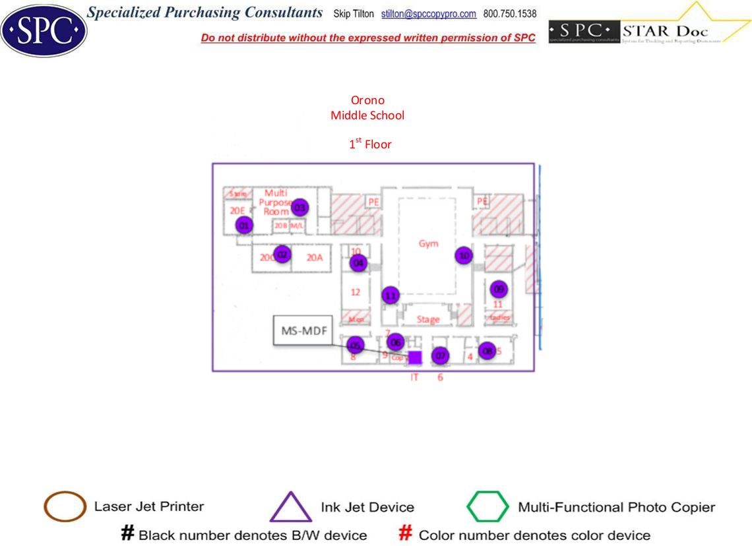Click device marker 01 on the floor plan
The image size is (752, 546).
tap(244, 225)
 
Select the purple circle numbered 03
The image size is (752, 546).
tap(300, 208)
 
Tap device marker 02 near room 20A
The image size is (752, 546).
tap(282, 254)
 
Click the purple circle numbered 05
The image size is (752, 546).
tap(356, 345)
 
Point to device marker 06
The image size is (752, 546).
tap(396, 342)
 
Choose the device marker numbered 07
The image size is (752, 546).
tap(440, 356)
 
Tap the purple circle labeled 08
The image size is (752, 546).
tap(487, 351)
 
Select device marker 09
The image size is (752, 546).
tap(499, 289)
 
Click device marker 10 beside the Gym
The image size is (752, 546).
tap(464, 255)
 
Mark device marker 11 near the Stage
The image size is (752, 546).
tap(391, 295)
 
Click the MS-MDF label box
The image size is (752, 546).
tap(304, 330)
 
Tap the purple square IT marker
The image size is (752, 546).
tap(415, 358)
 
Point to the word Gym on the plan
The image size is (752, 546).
tap(429, 244)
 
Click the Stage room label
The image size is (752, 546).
tap(428, 320)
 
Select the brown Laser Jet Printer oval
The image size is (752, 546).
tap(65, 506)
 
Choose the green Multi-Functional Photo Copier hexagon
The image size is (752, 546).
tap(488, 506)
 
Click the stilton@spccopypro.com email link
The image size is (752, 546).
tap(429, 14)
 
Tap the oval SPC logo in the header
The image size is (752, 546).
tap(44, 30)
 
